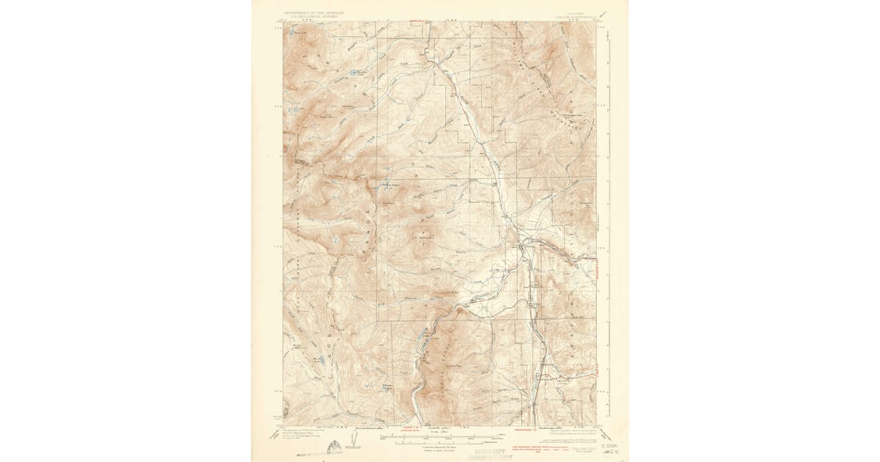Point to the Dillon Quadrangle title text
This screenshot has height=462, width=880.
coord(579,17)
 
